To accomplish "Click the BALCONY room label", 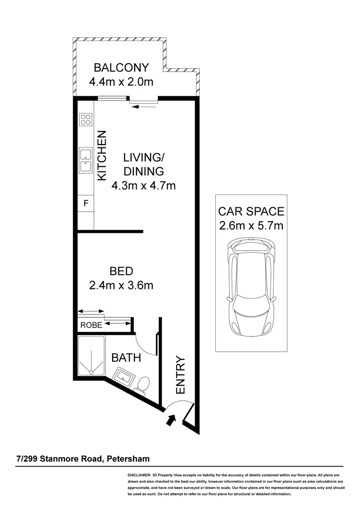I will point(121,67).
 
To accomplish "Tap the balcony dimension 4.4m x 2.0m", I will point(121,82).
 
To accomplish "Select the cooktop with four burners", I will point(85,119).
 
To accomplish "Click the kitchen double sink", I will point(85,161).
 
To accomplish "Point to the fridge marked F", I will point(85,204).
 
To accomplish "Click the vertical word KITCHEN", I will point(102,156).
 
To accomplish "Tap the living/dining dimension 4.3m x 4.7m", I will point(143,186).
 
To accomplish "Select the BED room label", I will point(121,271).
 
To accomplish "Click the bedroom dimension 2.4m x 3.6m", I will point(121,285).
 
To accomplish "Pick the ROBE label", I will point(91,325).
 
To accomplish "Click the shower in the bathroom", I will point(91,357).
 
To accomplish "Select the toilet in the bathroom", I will point(143,384).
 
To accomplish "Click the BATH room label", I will point(126,358).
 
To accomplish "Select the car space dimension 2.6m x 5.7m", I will point(251,225).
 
